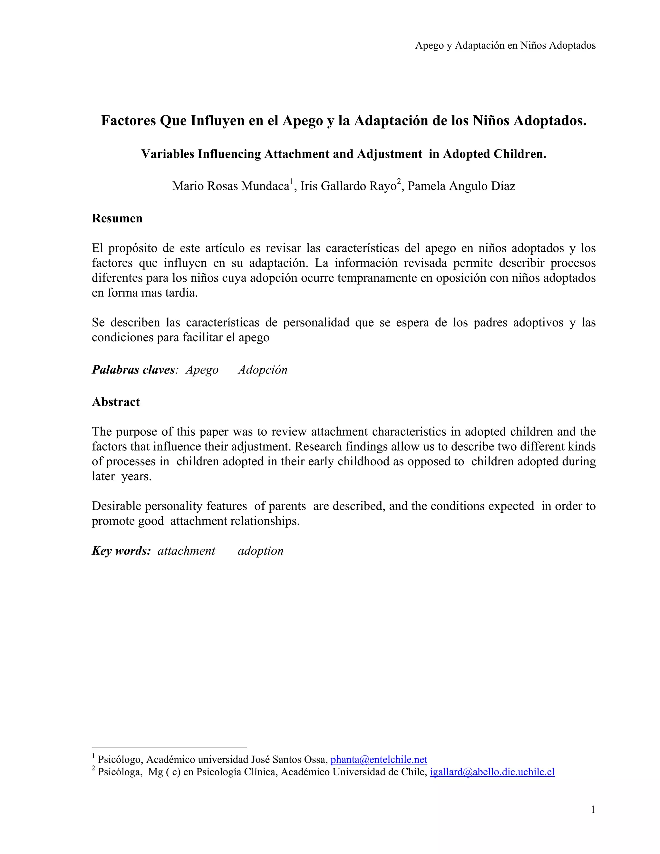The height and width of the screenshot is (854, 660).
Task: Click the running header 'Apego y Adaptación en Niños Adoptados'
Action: click(x=505, y=46)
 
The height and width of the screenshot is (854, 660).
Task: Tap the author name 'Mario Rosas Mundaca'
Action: click(x=230, y=186)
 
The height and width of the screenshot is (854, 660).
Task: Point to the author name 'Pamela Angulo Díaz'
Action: click(x=461, y=186)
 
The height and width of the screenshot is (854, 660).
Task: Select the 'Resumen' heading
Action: click(x=117, y=218)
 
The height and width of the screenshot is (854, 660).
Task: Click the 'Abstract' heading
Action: click(x=116, y=402)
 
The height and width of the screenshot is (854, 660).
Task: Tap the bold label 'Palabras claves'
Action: click(x=133, y=370)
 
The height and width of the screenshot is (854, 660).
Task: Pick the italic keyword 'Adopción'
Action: click(x=263, y=370)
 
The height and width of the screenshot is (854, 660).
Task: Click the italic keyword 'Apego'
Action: click(x=202, y=370)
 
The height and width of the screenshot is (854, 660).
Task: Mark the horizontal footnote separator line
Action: click(x=169, y=748)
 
